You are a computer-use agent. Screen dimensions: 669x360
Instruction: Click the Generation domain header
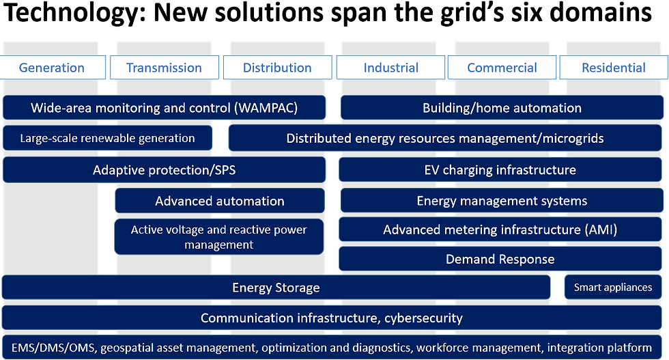(x=52, y=68)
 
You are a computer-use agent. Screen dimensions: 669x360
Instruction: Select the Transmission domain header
(x=165, y=68)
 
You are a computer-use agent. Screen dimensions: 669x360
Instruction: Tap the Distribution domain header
(x=277, y=68)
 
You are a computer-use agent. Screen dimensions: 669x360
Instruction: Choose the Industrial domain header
(x=390, y=68)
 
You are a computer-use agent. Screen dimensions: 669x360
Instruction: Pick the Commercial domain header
(x=502, y=68)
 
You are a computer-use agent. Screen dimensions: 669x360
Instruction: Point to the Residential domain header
(x=614, y=68)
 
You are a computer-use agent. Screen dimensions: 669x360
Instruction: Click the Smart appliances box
(x=613, y=287)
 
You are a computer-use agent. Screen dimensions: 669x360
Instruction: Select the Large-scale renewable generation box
(x=108, y=138)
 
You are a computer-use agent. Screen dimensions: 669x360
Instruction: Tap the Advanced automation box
(x=220, y=201)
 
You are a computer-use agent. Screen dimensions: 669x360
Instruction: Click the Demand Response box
(x=500, y=259)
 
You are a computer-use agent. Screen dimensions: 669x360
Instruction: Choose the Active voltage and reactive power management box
(x=219, y=237)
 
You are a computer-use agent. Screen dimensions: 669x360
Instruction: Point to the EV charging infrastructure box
(x=500, y=170)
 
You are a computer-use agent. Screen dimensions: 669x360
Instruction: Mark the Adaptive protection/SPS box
(x=165, y=170)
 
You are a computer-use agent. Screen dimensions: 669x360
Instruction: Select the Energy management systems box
(x=502, y=201)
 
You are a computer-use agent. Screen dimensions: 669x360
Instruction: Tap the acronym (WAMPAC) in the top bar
(x=266, y=108)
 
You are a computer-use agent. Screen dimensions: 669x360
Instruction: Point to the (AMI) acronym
(x=600, y=230)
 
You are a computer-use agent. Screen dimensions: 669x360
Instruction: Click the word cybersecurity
(x=423, y=318)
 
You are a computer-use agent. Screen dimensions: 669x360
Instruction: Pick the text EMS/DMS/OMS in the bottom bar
(x=53, y=348)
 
